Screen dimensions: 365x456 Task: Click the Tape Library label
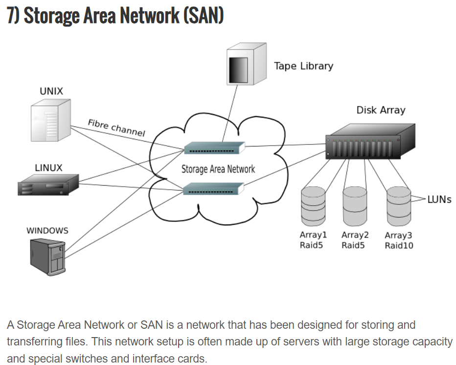pyautogui.click(x=303, y=66)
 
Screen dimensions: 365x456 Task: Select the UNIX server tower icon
pyautogui.click(x=49, y=121)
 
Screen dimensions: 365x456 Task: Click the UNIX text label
pyautogui.click(x=51, y=91)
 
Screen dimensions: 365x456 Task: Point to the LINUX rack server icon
pyautogui.click(x=48, y=187)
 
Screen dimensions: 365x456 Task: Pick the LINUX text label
pyautogui.click(x=48, y=168)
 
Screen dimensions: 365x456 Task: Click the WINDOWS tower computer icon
pyautogui.click(x=47, y=256)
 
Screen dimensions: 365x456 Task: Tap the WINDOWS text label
pyautogui.click(x=47, y=230)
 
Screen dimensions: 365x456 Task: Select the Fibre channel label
pyautogui.click(x=116, y=127)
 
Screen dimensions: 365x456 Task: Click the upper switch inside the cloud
pyautogui.click(x=214, y=147)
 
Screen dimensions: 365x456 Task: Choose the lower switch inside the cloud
pyautogui.click(x=213, y=188)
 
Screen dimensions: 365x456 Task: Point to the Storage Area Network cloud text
pyautogui.click(x=218, y=169)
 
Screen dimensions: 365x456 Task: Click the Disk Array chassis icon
pyautogui.click(x=370, y=142)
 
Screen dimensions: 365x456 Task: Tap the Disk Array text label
pyautogui.click(x=381, y=110)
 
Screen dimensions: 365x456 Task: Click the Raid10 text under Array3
pyautogui.click(x=399, y=245)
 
